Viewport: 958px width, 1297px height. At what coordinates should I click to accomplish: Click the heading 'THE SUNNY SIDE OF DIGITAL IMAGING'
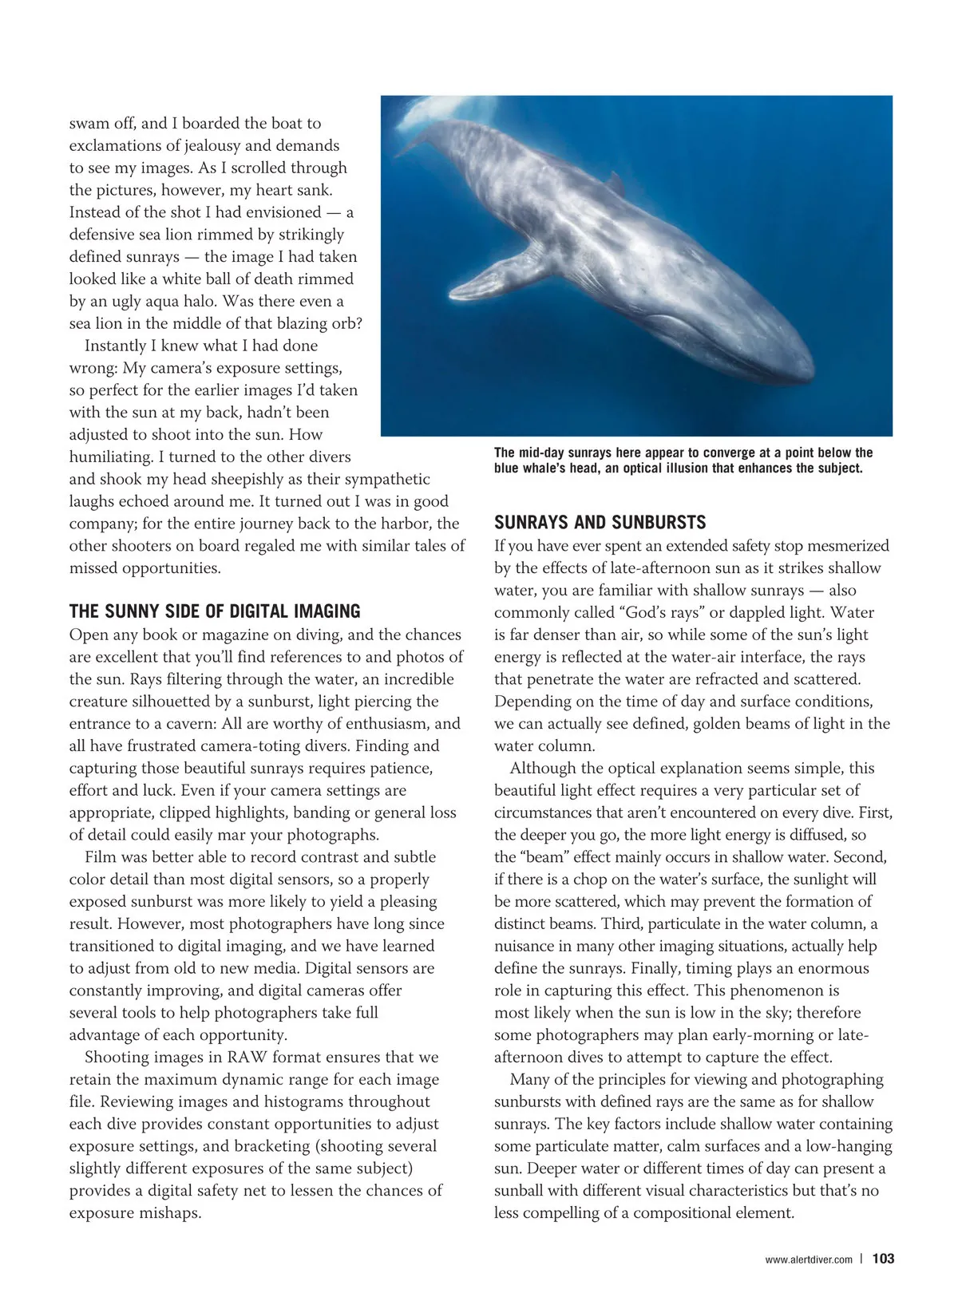point(215,612)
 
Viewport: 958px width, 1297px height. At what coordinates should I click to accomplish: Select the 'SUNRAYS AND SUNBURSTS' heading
point(600,524)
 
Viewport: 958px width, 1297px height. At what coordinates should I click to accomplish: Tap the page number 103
point(883,1259)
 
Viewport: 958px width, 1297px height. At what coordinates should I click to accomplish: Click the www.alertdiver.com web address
point(808,1259)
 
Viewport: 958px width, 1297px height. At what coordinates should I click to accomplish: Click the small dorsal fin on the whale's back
point(616,182)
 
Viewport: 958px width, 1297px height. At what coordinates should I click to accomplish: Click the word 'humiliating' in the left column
point(109,457)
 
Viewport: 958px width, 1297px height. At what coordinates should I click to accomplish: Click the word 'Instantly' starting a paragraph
point(120,346)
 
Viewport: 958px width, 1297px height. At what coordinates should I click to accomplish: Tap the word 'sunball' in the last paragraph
point(522,1191)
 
